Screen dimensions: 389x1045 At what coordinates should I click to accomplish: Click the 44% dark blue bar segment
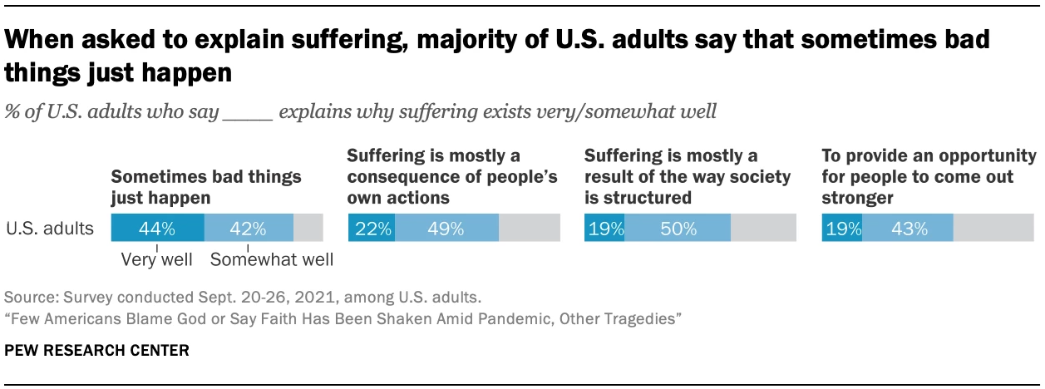click(x=157, y=228)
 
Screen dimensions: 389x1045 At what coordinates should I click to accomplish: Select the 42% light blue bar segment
click(x=249, y=228)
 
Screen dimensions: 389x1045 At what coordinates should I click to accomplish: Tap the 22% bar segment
click(x=372, y=228)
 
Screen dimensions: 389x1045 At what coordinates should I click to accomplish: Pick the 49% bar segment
click(x=446, y=228)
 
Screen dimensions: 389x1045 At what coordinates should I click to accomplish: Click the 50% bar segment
click(x=678, y=228)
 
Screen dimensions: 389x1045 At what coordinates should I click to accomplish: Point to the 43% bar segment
click(x=908, y=228)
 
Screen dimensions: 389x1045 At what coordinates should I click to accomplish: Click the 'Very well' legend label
click(x=157, y=260)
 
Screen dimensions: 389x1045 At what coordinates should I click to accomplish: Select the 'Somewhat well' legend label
click(x=272, y=260)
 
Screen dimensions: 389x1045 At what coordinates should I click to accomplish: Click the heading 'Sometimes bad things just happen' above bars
click(x=206, y=188)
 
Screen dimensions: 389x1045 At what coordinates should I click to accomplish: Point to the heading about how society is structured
click(x=671, y=176)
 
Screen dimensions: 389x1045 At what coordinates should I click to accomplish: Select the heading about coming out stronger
click(x=929, y=176)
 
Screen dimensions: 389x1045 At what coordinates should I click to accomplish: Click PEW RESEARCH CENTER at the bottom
click(x=97, y=351)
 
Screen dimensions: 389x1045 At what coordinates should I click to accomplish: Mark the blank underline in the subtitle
click(x=248, y=112)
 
